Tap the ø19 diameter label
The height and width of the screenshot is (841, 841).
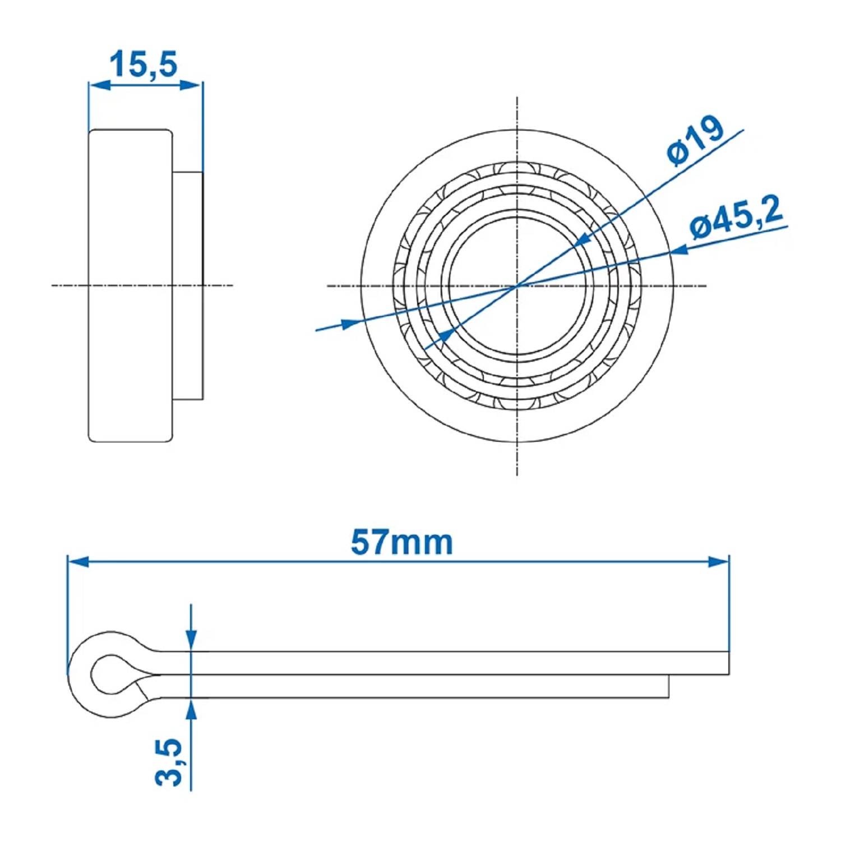pyautogui.click(x=695, y=141)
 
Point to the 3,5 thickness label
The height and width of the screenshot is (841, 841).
pyautogui.click(x=169, y=761)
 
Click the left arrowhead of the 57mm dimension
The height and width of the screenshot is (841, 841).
pyautogui.click(x=77, y=561)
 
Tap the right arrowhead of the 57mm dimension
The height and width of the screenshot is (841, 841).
pyautogui.click(x=719, y=561)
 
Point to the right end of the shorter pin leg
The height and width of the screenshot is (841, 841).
pyautogui.click(x=667, y=687)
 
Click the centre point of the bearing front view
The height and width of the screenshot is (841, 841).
pyautogui.click(x=516, y=286)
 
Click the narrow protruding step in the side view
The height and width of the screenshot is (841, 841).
pyautogui.click(x=188, y=286)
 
